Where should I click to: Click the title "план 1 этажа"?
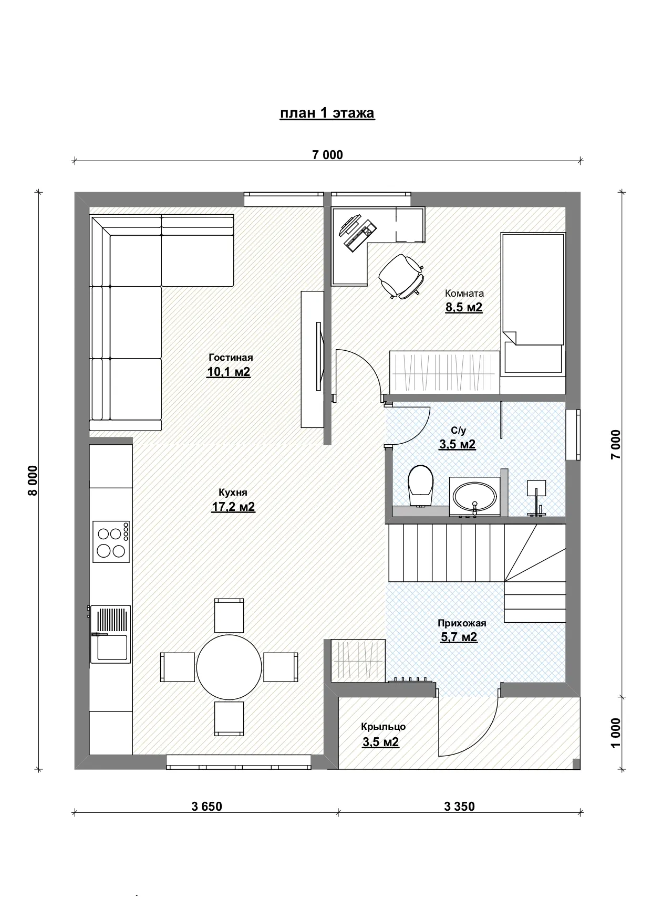click(327, 113)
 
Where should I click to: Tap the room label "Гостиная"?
click(231, 358)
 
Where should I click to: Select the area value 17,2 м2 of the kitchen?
click(233, 507)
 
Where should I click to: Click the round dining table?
click(229, 667)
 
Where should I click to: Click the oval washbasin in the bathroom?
click(474, 496)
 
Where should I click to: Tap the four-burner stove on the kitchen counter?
click(111, 541)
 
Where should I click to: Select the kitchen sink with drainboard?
click(110, 634)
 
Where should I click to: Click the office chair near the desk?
click(401, 276)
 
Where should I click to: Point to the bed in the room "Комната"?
click(533, 303)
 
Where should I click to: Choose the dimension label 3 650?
click(207, 806)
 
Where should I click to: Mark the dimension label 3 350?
click(459, 806)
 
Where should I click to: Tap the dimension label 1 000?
click(616, 732)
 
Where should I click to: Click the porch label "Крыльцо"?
click(383, 727)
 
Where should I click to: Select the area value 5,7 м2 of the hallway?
click(459, 637)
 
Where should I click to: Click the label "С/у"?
click(459, 431)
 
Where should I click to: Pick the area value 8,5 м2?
click(464, 307)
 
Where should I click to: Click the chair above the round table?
click(229, 615)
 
